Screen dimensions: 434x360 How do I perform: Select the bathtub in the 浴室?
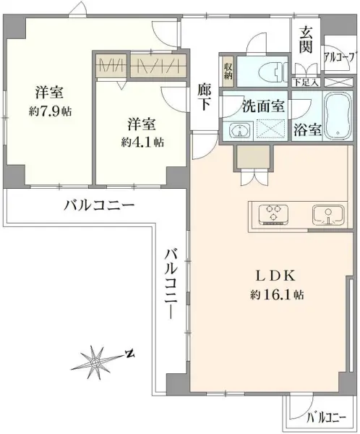(x=337, y=116)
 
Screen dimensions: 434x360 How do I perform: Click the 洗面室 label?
(x=263, y=106)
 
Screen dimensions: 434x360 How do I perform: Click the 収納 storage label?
(x=228, y=71)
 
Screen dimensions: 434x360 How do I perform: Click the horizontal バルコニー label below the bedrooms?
(x=99, y=205)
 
